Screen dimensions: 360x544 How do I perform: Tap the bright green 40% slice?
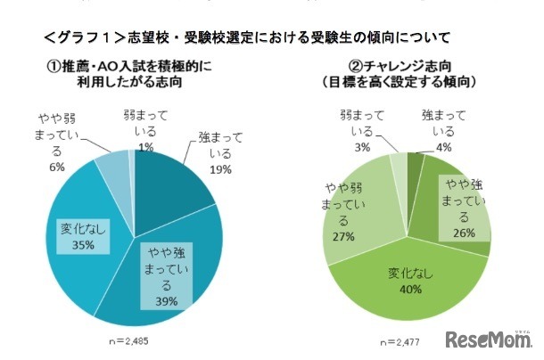(419, 303)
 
